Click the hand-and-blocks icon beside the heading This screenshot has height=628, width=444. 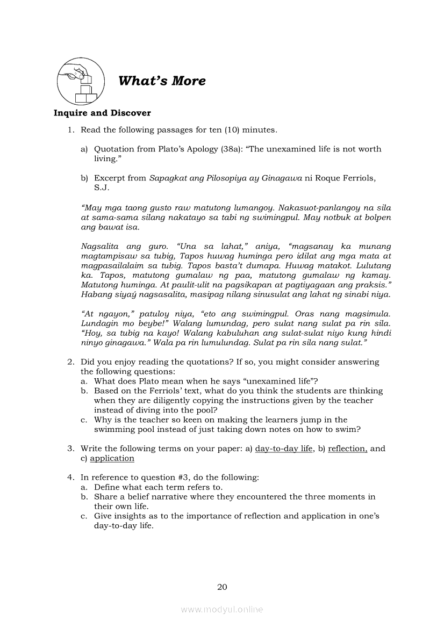click(78, 82)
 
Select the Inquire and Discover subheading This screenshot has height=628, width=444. click(102, 113)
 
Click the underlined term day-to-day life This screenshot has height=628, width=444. click(284, 449)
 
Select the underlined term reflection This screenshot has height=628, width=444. click(347, 449)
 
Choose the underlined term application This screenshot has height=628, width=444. click(112, 458)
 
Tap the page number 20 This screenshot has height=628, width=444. click(222, 587)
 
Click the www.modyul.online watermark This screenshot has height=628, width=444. click(222, 609)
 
